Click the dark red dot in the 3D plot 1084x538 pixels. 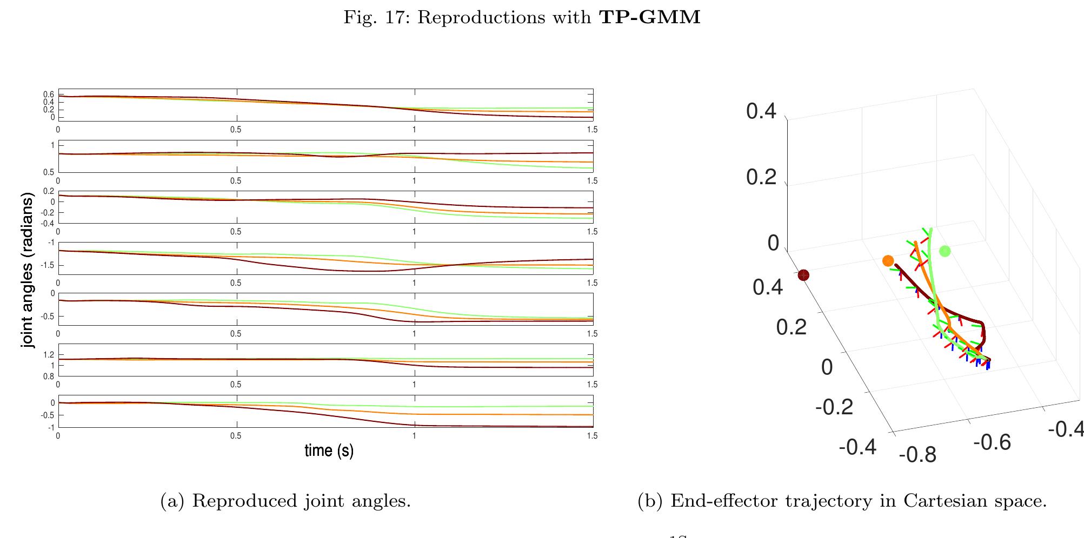[x=803, y=275]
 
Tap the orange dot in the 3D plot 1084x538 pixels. [x=888, y=261]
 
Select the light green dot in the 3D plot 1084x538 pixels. [x=945, y=251]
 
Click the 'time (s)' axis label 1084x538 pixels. [x=329, y=450]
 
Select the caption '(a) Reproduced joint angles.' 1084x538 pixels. [x=285, y=501]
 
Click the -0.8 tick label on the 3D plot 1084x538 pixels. [x=917, y=455]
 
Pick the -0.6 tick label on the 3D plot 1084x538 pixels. [x=992, y=442]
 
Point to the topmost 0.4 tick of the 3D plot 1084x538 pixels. [x=761, y=112]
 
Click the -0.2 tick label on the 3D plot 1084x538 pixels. [x=834, y=407]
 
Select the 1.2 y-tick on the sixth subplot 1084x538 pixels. [x=49, y=355]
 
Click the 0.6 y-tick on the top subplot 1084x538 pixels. [x=49, y=95]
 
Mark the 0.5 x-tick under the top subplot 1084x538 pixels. [x=236, y=130]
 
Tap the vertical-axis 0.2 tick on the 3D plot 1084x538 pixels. [x=761, y=177]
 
